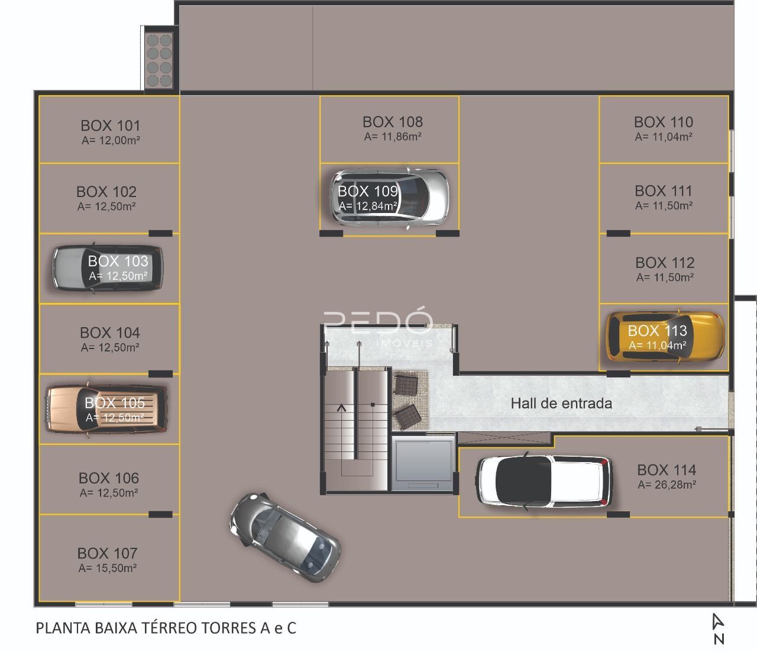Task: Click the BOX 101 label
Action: coord(110,125)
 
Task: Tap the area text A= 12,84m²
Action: coord(368,206)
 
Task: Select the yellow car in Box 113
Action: coord(665,336)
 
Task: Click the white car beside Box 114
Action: coord(544,481)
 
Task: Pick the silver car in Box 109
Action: coord(390,198)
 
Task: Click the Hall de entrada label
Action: coord(561,404)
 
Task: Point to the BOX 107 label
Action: coord(107,553)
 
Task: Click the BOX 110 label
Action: coord(663,122)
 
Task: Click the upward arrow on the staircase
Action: coord(342,408)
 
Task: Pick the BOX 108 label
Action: coord(393,122)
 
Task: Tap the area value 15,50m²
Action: coord(116,568)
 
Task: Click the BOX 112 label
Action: coord(665,263)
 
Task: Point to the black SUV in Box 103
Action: coord(108,268)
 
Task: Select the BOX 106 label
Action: coord(109,478)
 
